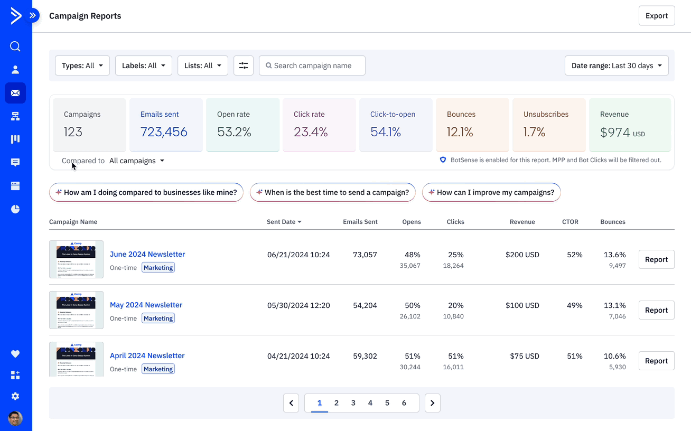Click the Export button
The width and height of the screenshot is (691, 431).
coord(656,16)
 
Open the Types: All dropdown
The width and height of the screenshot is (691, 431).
coord(82,65)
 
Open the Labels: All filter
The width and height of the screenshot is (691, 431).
coord(143,65)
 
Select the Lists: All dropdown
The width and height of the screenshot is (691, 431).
coord(203,65)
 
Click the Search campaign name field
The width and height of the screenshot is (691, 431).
coord(312,65)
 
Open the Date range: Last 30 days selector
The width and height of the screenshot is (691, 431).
coord(616,65)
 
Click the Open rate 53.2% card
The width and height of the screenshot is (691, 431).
coord(242,125)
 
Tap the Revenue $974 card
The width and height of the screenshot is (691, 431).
coord(629,125)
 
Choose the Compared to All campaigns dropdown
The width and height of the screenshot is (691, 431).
coord(137,161)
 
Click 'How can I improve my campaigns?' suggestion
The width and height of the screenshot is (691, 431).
coord(491,192)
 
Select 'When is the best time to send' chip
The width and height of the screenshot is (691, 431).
coord(333,192)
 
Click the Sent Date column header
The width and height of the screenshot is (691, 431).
coord(284,222)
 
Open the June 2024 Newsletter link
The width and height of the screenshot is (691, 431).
coord(147,254)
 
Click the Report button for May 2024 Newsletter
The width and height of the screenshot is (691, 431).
coord(656,310)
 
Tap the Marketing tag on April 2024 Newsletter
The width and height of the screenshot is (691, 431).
coord(158,369)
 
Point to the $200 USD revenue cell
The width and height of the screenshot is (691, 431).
coord(522,255)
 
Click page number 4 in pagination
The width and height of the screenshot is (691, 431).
coord(370,403)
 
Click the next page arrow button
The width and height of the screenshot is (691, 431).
coord(432,403)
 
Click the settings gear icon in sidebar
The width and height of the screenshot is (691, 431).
coord(15,396)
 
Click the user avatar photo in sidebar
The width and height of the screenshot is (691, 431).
coord(15,418)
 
